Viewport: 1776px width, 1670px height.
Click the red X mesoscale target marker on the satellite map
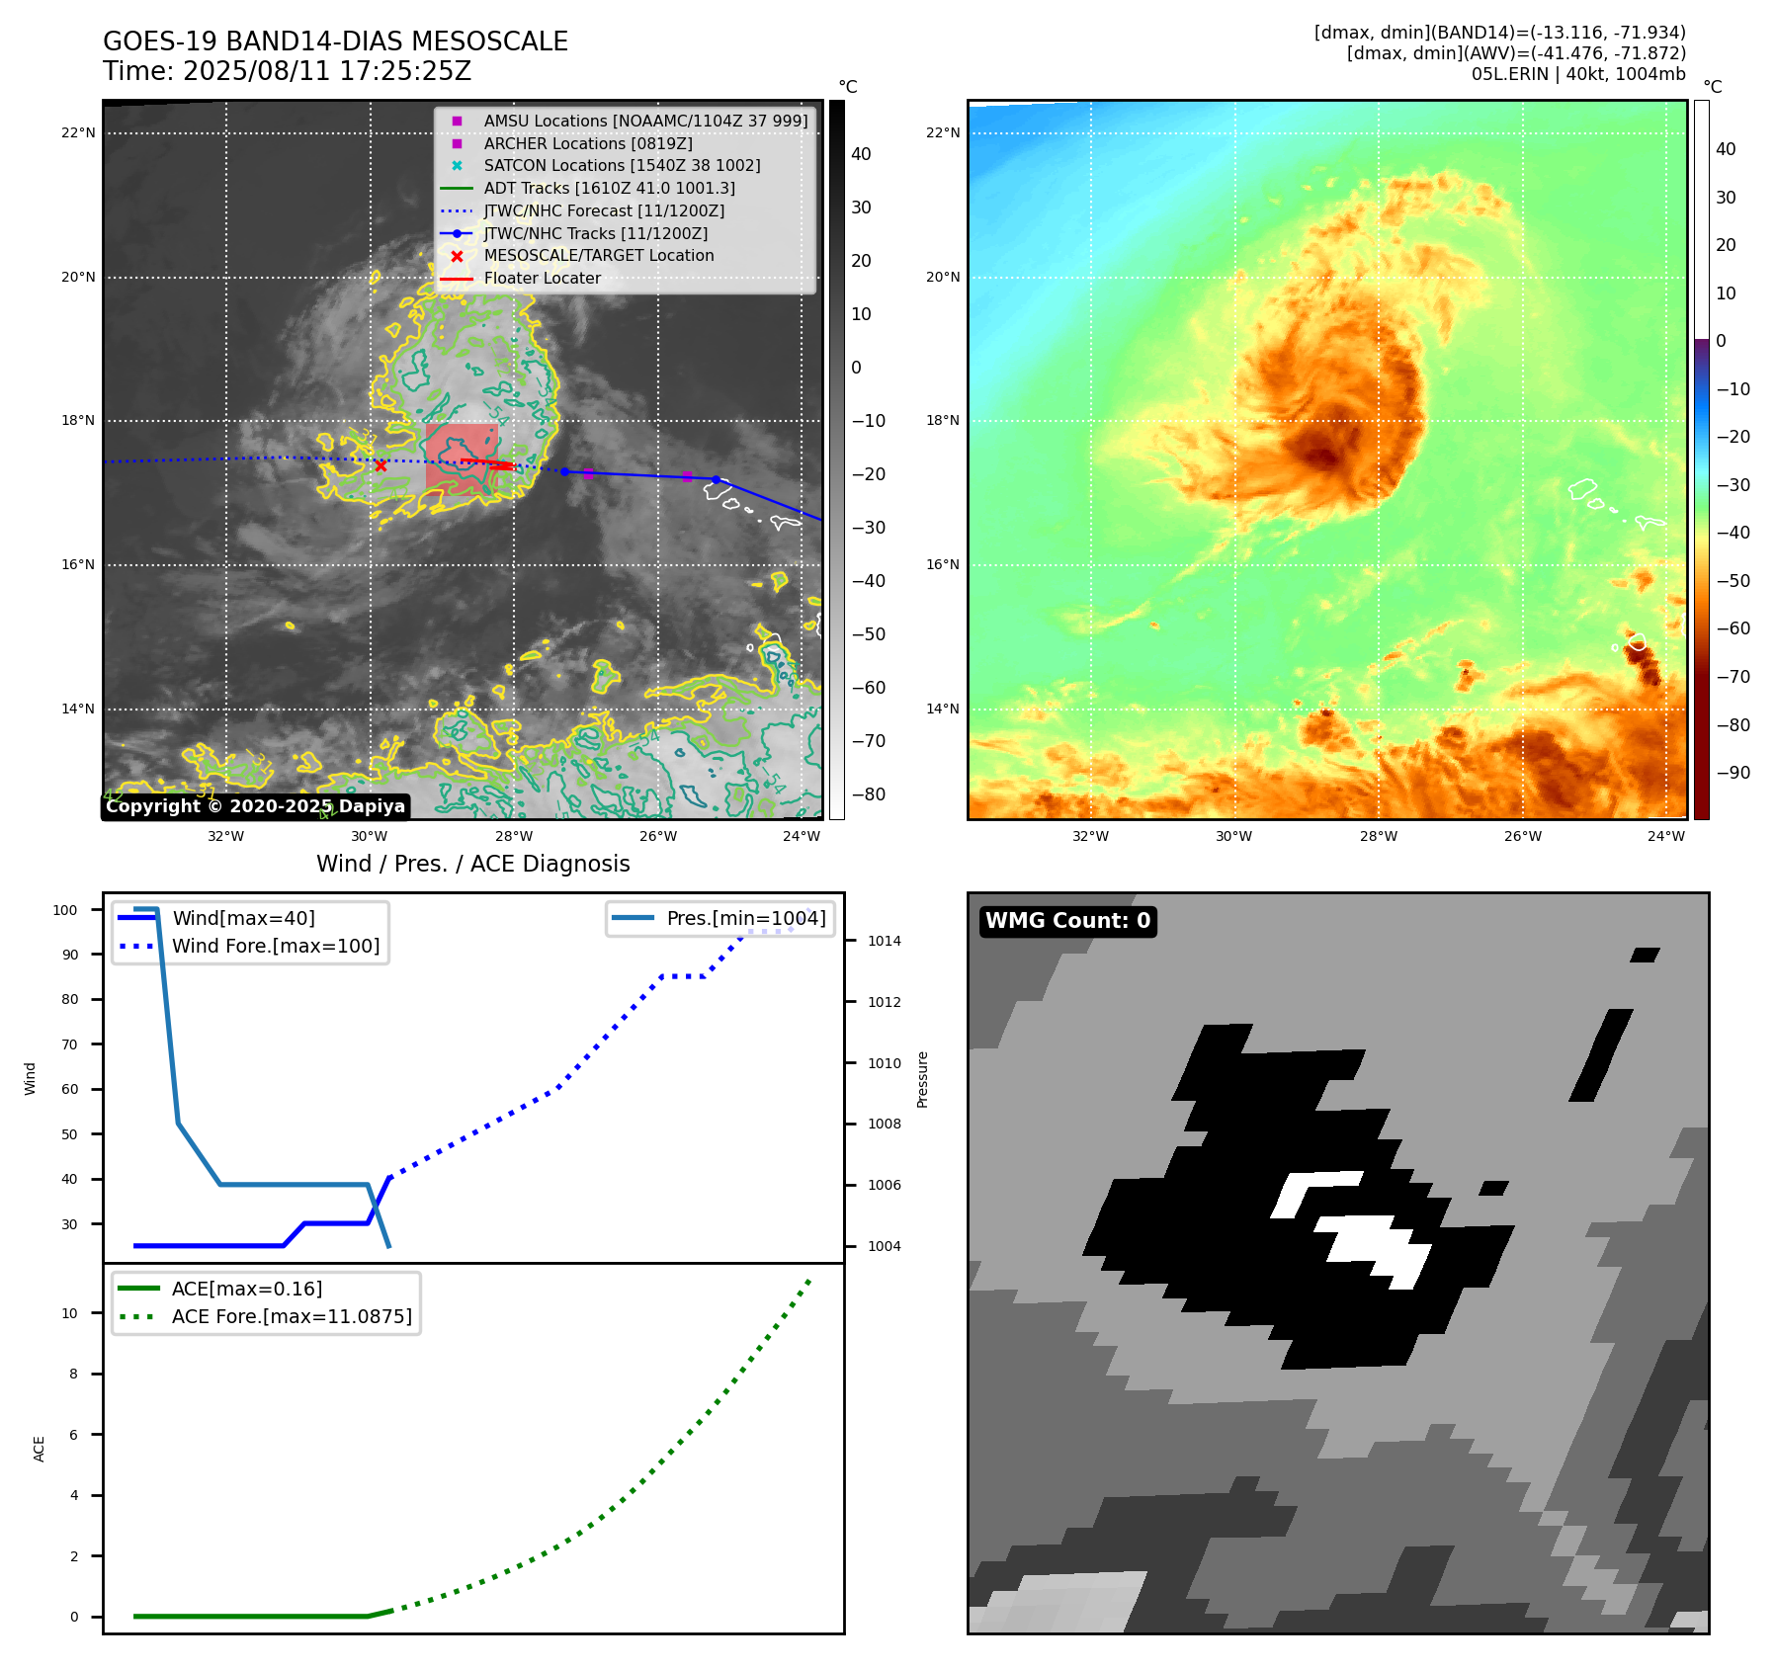(381, 465)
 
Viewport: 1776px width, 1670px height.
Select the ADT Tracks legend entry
(609, 188)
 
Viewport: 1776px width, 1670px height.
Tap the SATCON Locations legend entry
(622, 165)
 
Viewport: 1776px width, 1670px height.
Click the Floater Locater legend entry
(542, 278)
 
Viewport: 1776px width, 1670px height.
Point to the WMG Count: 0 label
(1067, 921)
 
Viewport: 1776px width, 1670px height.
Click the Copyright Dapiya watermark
(255, 806)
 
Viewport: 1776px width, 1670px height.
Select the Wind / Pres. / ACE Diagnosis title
(472, 864)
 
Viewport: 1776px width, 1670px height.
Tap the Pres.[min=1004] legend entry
(745, 918)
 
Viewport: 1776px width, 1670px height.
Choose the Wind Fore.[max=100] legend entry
(275, 946)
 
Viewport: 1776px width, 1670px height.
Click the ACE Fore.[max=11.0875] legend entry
(292, 1316)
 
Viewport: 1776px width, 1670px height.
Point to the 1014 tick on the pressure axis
(885, 941)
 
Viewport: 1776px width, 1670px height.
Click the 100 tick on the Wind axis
(65, 910)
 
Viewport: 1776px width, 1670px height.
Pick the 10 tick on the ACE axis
(70, 1313)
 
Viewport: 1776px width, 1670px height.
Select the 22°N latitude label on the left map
(78, 133)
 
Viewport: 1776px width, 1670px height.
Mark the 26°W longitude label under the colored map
(1522, 836)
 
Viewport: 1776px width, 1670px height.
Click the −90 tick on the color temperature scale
(1734, 773)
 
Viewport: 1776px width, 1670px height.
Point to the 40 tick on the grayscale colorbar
(861, 154)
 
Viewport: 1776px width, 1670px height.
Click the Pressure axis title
(922, 1079)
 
